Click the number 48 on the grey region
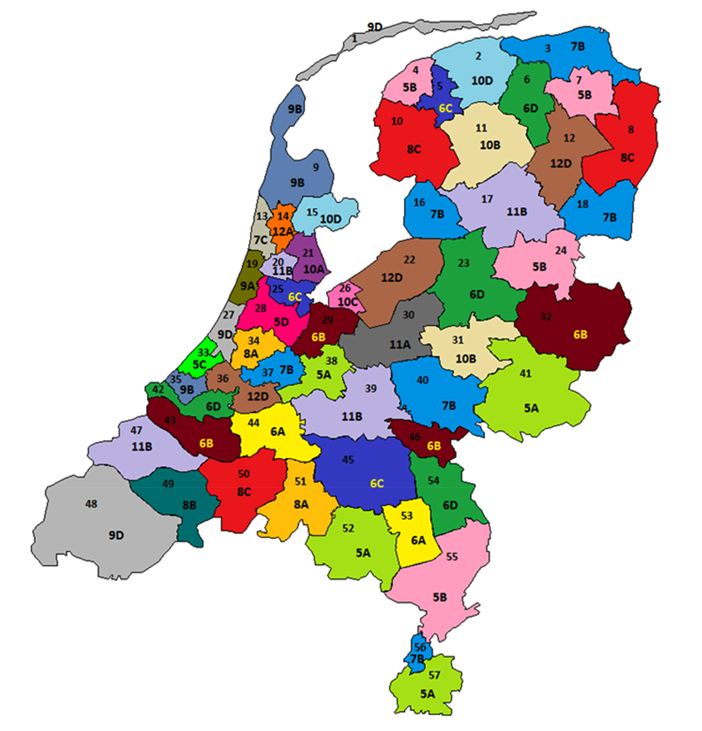click(91, 504)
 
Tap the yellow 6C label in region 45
click(377, 483)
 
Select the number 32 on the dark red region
click(546, 317)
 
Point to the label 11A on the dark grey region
click(400, 345)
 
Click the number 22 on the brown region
click(409, 259)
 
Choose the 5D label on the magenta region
click(281, 322)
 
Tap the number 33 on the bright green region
click(203, 352)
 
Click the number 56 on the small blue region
click(420, 648)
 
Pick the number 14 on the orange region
click(283, 216)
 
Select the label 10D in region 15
click(331, 219)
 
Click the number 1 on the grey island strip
click(355, 38)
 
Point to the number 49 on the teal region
click(168, 483)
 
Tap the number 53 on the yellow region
click(407, 516)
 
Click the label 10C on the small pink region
click(347, 302)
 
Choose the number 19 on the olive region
click(252, 264)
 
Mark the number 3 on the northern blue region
click(547, 48)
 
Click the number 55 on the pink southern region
click(452, 557)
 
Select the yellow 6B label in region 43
click(206, 443)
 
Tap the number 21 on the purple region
click(308, 253)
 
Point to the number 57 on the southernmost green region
click(434, 675)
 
